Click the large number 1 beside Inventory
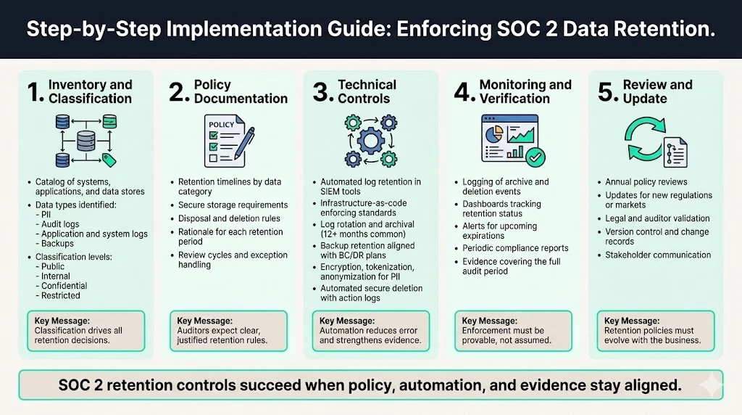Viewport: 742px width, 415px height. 35,92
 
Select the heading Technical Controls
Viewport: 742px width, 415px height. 367,91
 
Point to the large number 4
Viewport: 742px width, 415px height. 463,93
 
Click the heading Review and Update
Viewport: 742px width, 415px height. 657,91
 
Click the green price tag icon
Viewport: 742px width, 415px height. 109,159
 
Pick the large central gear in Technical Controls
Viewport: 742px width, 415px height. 370,139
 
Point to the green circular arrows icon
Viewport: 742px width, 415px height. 642,139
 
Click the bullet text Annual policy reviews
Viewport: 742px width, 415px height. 646,182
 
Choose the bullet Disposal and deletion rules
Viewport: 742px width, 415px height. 229,218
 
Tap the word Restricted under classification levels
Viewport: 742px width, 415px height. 61,295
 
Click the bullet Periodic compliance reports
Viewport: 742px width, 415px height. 516,247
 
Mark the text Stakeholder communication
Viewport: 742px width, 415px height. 658,255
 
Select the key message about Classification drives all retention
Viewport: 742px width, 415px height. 86,331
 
